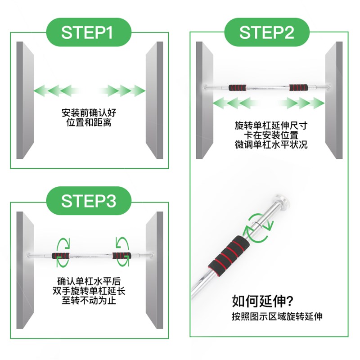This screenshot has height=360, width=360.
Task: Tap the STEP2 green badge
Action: [266, 33]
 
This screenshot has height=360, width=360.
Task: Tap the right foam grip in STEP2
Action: [297, 87]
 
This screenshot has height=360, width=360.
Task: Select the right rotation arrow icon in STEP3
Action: [122, 243]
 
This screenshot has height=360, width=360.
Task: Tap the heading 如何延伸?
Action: [261, 300]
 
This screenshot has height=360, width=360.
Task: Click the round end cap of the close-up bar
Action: [282, 201]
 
